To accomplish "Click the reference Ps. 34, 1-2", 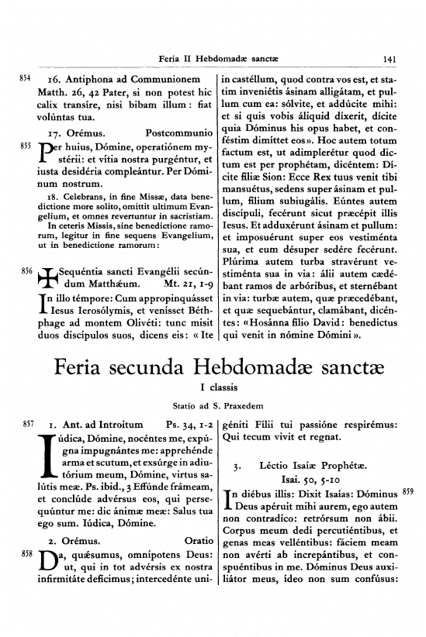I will pos(187,425).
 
